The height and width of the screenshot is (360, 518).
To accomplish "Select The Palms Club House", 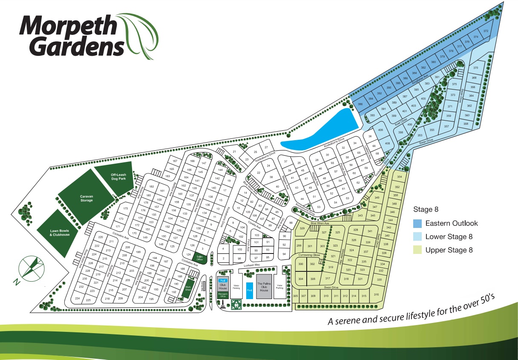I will coord(264,287).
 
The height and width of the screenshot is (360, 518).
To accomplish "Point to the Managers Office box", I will coord(223,295).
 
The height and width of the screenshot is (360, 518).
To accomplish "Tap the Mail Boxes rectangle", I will coord(203,283).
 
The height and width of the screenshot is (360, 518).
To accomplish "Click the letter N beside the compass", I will coord(15,282).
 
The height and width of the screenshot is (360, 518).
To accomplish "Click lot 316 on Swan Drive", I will coord(376,295).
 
